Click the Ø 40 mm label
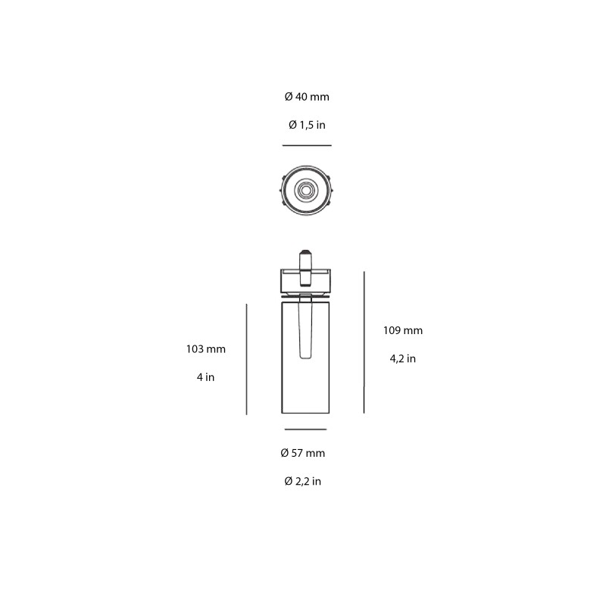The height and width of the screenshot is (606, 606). tap(307, 97)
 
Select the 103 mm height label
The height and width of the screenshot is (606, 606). tap(206, 349)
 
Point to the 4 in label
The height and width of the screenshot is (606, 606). tap(205, 376)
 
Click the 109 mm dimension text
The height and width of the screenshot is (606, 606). tap(403, 330)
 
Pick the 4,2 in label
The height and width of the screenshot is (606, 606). tap(403, 358)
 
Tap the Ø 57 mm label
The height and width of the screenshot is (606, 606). tap(303, 453)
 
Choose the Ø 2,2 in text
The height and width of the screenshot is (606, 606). tap(303, 481)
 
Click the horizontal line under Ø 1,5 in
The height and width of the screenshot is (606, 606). tap(307, 145)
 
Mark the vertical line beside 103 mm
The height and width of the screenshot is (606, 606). tap(247, 359)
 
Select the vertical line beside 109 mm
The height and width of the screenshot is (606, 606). tap(364, 342)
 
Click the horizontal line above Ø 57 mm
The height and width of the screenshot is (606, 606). tap(305, 430)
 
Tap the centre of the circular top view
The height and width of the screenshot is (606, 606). tap(306, 189)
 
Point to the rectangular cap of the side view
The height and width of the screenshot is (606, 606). tap(306, 281)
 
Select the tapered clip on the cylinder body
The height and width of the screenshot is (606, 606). tap(306, 327)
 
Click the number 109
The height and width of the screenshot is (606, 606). tap(392, 330)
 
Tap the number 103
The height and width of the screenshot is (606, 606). tap(195, 349)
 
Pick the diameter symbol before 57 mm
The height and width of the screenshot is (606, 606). tap(285, 453)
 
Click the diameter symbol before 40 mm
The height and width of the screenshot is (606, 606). tap(289, 97)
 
